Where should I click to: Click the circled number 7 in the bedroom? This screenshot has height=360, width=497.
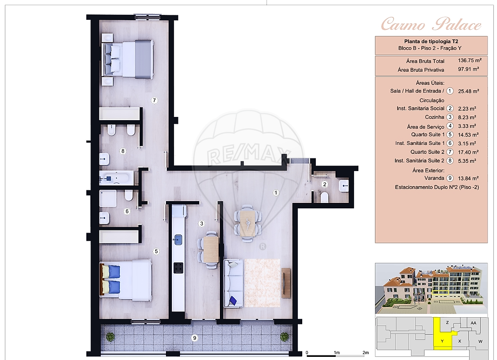tap(154, 100)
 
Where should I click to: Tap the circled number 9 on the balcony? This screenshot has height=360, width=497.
tap(195, 338)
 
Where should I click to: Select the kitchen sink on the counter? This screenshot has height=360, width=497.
tap(178, 240)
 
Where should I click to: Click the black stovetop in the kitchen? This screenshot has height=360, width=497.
tap(179, 268)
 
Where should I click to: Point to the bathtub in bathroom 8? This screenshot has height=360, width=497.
tap(116, 178)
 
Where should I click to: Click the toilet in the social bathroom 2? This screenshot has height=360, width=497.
tap(325, 197)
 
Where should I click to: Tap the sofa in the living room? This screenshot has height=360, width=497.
tap(234, 283)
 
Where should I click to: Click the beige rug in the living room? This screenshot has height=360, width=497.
tap(262, 283)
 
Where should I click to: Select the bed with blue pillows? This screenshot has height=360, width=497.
tap(126, 280)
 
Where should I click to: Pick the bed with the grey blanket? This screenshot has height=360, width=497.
tap(128, 59)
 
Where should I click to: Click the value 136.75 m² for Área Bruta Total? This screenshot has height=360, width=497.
tap(470, 60)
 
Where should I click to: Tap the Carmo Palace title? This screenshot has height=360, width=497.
tap(431, 24)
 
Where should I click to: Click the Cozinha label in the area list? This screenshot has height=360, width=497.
tap(434, 117)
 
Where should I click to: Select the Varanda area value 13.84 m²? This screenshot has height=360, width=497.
tap(468, 178)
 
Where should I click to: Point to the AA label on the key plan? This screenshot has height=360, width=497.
tap(473, 323)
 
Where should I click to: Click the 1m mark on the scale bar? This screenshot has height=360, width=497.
tap(336, 352)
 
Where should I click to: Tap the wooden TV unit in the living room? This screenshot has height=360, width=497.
tap(286, 283)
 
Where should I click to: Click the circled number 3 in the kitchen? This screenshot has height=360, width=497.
tap(201, 224)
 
